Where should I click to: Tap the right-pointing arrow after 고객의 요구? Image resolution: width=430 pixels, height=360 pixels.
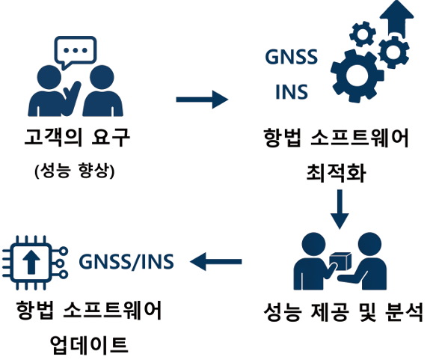pyautogui.click(x=202, y=100)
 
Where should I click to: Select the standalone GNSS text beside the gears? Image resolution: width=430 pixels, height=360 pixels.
pyautogui.click(x=291, y=57)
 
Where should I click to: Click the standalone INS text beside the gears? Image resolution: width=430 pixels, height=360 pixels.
pyautogui.click(x=292, y=91)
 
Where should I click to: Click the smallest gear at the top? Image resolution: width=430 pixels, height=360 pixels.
pyautogui.click(x=363, y=34)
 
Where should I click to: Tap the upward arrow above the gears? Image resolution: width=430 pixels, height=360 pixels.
pyautogui.click(x=396, y=19)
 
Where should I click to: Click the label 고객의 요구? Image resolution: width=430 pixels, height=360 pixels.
pyautogui.click(x=77, y=137)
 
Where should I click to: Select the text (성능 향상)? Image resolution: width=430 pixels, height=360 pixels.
pyautogui.click(x=75, y=171)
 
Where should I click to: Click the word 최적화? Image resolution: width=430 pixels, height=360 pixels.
pyautogui.click(x=336, y=173)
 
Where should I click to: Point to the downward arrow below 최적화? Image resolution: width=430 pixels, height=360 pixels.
pyautogui.click(x=340, y=209)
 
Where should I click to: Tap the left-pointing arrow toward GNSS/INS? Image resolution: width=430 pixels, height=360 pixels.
pyautogui.click(x=215, y=261)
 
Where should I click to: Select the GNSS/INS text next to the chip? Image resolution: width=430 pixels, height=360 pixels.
pyautogui.click(x=126, y=261)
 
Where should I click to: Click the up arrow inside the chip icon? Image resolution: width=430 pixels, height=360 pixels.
pyautogui.click(x=31, y=262)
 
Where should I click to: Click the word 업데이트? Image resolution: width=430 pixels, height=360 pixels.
pyautogui.click(x=89, y=344)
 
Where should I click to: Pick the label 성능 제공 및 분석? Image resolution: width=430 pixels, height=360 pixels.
pyautogui.click(x=343, y=312)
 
